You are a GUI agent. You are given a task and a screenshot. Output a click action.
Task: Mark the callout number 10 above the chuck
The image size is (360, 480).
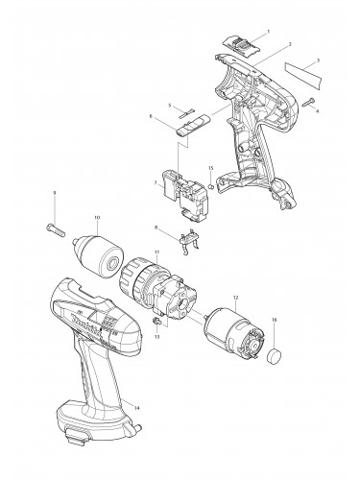coord(96,218)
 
